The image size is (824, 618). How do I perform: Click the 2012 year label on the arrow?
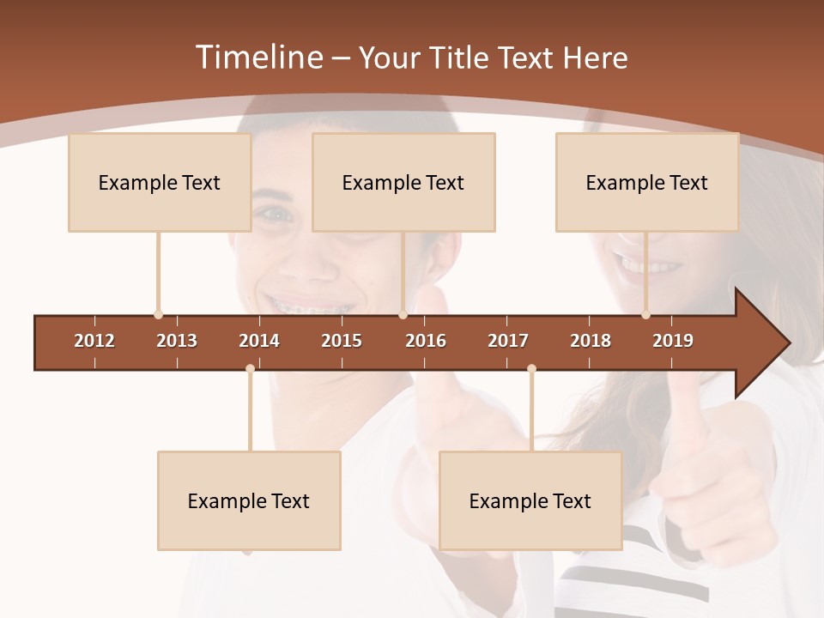(94, 341)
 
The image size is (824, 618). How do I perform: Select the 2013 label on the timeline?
(177, 341)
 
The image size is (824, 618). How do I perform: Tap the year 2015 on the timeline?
(342, 341)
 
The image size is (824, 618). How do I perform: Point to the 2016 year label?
(426, 341)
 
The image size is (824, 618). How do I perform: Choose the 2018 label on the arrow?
(591, 341)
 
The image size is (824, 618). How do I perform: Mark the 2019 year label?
(673, 341)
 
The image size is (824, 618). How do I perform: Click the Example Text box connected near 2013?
(160, 182)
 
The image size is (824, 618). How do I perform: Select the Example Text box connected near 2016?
(403, 182)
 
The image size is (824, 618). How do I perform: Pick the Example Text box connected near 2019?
(647, 182)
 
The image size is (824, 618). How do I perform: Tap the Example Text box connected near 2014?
(249, 500)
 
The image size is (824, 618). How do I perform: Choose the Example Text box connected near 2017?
(530, 500)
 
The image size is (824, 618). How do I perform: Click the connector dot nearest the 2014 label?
(250, 368)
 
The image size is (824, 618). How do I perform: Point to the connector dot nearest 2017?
(531, 368)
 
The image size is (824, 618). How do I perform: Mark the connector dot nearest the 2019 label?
(646, 315)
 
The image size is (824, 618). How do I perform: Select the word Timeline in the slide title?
(258, 58)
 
